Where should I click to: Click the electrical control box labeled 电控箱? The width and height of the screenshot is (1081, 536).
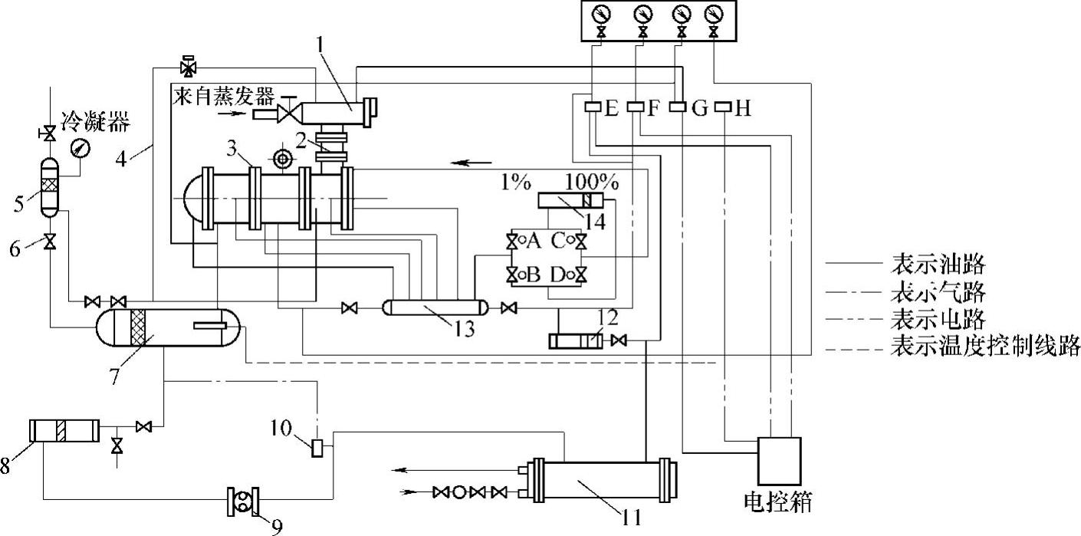pos(780,461)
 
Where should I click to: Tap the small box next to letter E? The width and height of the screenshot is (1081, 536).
pos(593,107)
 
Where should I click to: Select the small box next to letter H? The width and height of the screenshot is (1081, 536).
pos(722,107)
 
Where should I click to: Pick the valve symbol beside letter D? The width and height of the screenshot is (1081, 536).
pos(581,275)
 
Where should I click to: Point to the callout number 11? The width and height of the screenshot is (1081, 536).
pos(631,518)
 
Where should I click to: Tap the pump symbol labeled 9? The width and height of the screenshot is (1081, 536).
pos(243,501)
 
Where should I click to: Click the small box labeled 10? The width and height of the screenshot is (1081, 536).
pos(317,448)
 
